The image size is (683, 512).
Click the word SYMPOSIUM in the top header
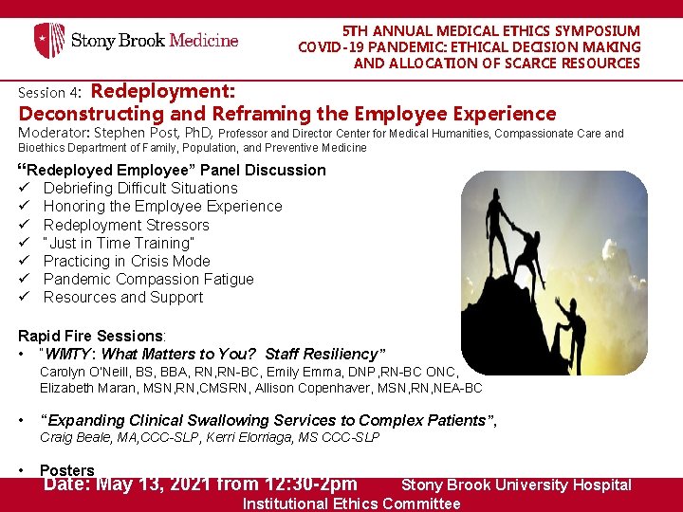(x=588, y=31)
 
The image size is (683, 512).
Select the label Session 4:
(x=51, y=93)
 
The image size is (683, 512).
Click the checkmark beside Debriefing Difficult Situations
(x=25, y=188)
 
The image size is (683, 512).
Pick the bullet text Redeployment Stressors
(x=126, y=225)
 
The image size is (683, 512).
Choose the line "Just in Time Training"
(x=118, y=243)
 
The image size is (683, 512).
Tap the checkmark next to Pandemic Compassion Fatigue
(x=25, y=279)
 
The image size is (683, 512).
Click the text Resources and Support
(x=123, y=297)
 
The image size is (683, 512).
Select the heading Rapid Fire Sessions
(x=91, y=336)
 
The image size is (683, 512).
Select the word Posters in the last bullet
(x=67, y=470)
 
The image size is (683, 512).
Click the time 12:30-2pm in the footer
(x=304, y=485)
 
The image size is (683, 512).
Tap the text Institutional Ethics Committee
(x=351, y=503)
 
